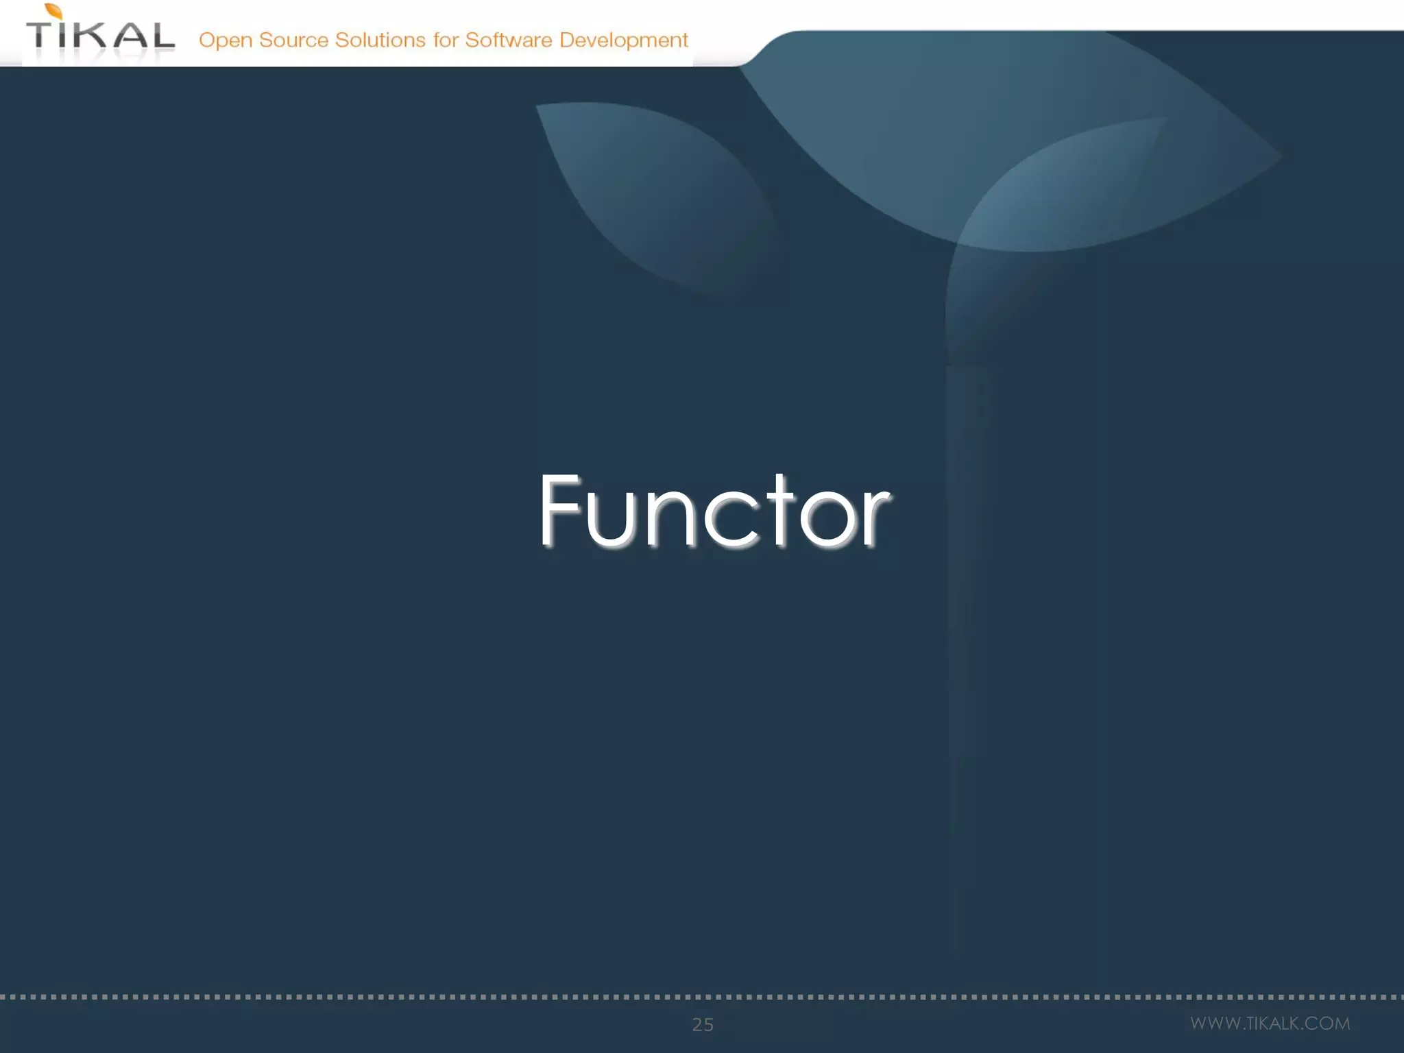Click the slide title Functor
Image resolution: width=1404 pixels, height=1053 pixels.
pos(714,511)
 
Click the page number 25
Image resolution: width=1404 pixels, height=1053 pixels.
pos(703,1024)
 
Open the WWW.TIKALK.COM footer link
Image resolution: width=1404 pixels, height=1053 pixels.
pos(1270,1024)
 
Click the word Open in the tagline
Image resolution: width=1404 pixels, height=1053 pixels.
pos(226,40)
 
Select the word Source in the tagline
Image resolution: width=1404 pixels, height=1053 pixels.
pos(293,40)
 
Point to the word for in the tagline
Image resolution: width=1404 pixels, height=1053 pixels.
pos(445,40)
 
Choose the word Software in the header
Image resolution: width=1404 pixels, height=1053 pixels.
pos(508,40)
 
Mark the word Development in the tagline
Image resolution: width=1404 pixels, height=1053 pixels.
pos(623,40)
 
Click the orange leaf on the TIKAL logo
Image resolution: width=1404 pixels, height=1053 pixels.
pos(54,12)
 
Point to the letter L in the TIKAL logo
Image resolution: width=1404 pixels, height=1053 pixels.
pos(162,36)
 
